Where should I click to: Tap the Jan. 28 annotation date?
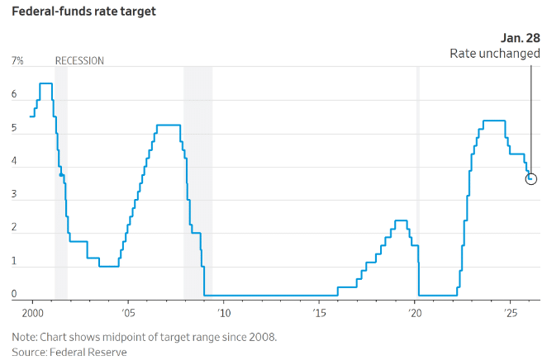pyautogui.click(x=521, y=38)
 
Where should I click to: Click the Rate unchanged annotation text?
pyautogui.click(x=494, y=53)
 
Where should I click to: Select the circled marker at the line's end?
pyautogui.click(x=530, y=178)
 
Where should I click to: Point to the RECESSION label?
pyautogui.click(x=79, y=61)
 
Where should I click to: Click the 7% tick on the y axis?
pyautogui.click(x=17, y=61)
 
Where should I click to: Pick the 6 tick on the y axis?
pyautogui.click(x=14, y=95)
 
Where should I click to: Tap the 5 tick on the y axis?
pyautogui.click(x=14, y=128)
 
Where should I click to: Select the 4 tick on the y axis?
pyautogui.click(x=14, y=162)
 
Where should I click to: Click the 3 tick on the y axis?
pyautogui.click(x=14, y=195)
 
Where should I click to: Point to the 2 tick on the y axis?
pyautogui.click(x=14, y=229)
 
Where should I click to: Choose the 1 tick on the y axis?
pyautogui.click(x=14, y=262)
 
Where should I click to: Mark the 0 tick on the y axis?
pyautogui.click(x=14, y=294)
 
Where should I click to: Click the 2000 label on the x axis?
pyautogui.click(x=32, y=314)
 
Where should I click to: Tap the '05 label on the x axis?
pyautogui.click(x=128, y=314)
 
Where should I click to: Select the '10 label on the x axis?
pyautogui.click(x=223, y=314)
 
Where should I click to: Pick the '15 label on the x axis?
pyautogui.click(x=319, y=314)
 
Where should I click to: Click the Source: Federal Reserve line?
pyautogui.click(x=69, y=352)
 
